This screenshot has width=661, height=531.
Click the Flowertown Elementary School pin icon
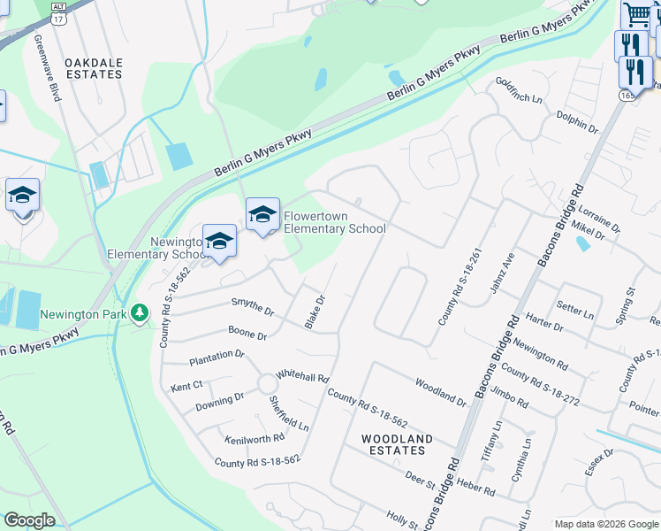coord(262,215)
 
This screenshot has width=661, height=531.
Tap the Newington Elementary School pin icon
coord(219,242)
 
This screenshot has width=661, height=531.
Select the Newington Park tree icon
coord(139,313)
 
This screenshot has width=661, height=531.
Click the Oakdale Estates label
coord(94,68)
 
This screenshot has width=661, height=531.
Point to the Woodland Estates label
coord(397,444)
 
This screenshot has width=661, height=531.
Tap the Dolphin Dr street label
coord(577,121)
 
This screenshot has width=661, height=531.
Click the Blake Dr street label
coord(315,312)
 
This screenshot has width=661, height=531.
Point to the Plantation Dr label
coord(217,358)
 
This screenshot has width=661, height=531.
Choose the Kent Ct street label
coord(186,386)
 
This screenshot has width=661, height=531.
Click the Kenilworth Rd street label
coord(255,437)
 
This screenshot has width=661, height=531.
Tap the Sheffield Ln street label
coord(289,412)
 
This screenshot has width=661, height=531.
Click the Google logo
coord(29,520)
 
